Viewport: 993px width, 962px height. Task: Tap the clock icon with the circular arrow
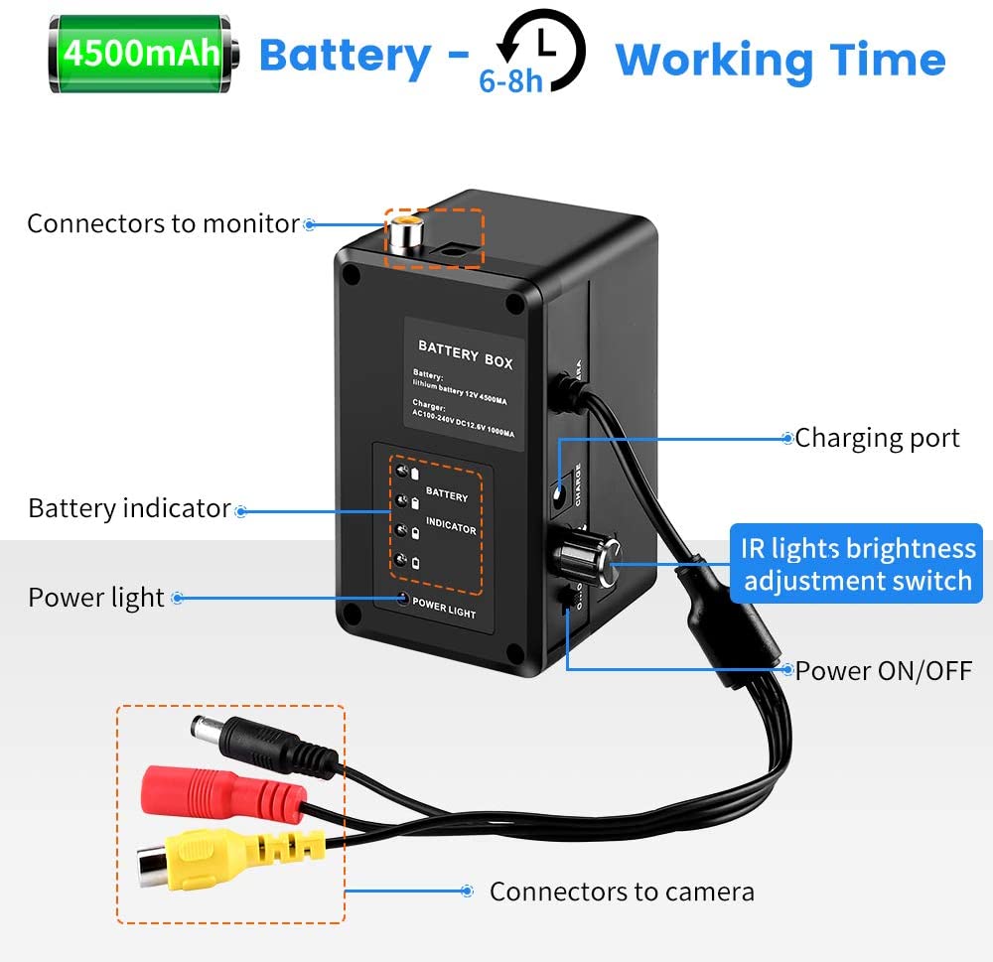coord(541,44)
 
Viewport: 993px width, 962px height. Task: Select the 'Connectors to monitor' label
coord(163,224)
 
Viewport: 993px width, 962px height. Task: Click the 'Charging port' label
coord(878,438)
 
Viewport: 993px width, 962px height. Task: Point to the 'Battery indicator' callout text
coord(129,508)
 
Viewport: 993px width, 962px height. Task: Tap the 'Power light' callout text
coord(96,598)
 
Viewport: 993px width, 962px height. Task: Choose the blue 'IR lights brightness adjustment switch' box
coord(856,564)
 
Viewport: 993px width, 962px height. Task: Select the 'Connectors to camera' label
coord(622,892)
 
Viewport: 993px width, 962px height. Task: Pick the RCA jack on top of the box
coord(405,232)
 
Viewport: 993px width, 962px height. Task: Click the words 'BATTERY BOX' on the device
coord(465,354)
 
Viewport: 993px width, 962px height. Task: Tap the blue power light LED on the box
coord(403,599)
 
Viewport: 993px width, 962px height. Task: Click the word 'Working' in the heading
coord(710,60)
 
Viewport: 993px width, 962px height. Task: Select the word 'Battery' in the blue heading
coord(345,57)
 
